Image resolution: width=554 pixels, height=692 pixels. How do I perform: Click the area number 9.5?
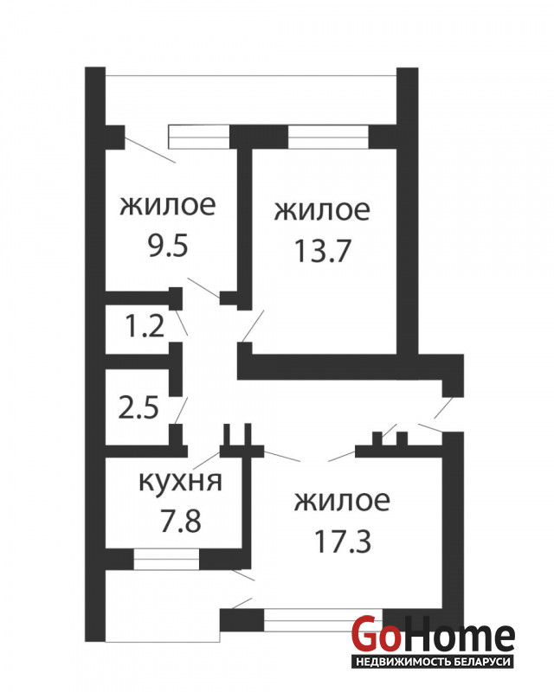[x=168, y=246]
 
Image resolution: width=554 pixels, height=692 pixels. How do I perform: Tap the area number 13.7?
[x=322, y=251]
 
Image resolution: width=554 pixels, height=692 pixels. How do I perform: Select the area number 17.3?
[x=343, y=541]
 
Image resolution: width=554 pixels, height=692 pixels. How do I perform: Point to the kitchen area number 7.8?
[x=181, y=521]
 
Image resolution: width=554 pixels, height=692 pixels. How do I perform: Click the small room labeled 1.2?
[x=145, y=326]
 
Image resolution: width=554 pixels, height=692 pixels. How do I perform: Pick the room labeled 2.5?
[x=138, y=407]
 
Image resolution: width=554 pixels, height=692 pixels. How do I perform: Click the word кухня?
[x=180, y=482]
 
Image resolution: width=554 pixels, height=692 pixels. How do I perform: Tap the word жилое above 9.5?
[x=168, y=205]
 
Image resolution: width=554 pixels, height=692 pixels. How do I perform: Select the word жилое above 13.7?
[x=322, y=210]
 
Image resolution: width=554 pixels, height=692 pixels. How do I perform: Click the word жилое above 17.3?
[x=343, y=501]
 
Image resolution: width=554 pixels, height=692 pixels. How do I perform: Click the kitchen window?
[x=166, y=559]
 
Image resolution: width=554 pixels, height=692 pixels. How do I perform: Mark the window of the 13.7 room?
[x=328, y=137]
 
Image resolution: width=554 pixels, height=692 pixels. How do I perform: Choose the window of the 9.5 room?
[x=200, y=137]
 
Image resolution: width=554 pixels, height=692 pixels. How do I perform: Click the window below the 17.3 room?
[x=324, y=620]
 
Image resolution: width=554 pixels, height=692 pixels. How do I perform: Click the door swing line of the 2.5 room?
[x=181, y=410]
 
